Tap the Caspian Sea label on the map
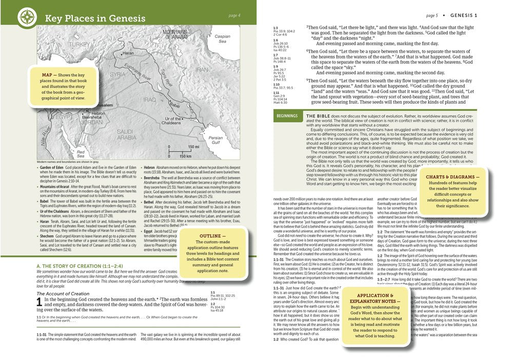tap(222, 39)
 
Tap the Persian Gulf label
tap(215, 140)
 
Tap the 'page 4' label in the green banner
tap(234, 15)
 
